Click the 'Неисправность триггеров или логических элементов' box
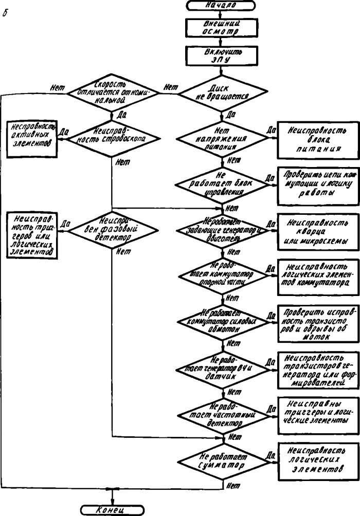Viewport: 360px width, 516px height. [x=31, y=234]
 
